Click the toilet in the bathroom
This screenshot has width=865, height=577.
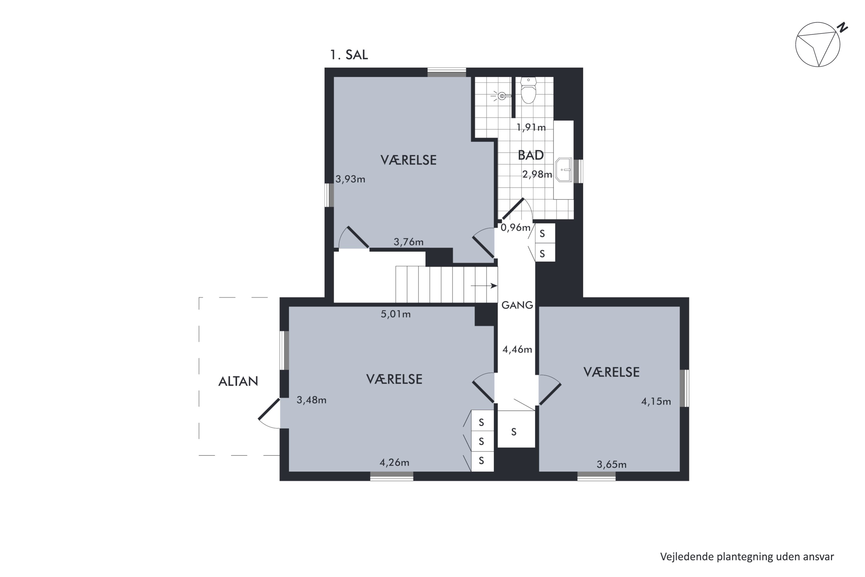[x=529, y=91]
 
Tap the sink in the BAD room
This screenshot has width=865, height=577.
[x=563, y=170]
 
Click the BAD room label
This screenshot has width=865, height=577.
[x=531, y=155]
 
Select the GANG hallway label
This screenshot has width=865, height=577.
[x=517, y=305]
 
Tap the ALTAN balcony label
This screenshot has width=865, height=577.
[x=238, y=381]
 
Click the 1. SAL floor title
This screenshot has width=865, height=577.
[x=349, y=55]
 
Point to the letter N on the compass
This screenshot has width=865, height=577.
[x=842, y=28]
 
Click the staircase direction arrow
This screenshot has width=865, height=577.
[x=484, y=286]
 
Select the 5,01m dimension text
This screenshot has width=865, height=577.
[x=395, y=314]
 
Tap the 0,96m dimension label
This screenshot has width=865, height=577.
[x=516, y=227]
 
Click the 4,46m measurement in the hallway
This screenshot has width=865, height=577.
[x=517, y=349]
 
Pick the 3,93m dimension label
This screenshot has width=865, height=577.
[x=350, y=179]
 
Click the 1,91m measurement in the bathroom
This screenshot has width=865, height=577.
[x=531, y=127]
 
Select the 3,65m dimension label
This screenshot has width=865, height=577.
[x=611, y=464]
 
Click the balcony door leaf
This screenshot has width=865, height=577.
[x=269, y=409]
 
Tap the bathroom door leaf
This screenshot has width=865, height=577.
[x=513, y=209]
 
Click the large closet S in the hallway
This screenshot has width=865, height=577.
[x=514, y=432]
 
